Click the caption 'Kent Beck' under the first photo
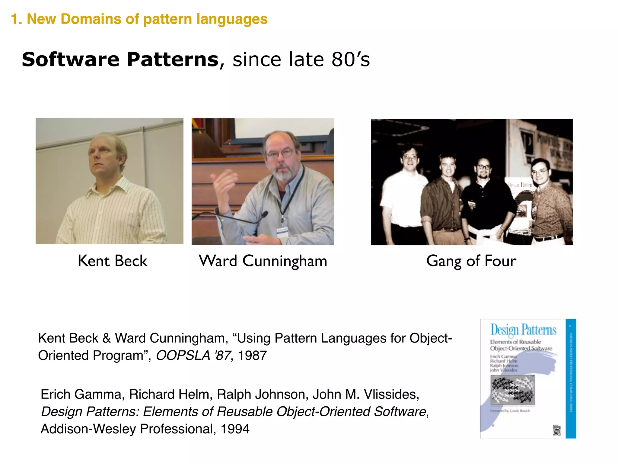click(x=112, y=261)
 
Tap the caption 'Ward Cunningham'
click(x=263, y=261)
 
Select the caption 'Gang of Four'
click(x=471, y=261)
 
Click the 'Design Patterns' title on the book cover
click(x=523, y=330)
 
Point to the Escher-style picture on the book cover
click(x=513, y=390)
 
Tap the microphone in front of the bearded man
click(x=264, y=214)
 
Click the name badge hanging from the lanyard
click(x=282, y=233)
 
